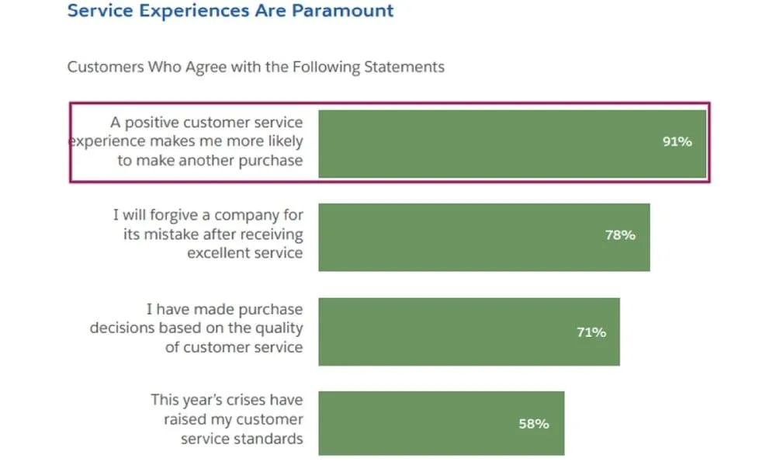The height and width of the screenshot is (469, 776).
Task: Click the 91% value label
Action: (677, 142)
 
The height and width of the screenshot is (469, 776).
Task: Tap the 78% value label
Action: (620, 235)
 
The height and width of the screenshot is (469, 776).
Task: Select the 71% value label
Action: (591, 332)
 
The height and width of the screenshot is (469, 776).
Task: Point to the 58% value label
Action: (534, 424)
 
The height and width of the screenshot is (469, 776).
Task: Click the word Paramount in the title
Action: (343, 11)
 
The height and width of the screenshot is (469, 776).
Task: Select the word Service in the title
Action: (95, 11)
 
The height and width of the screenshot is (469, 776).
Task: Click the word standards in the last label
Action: (264, 439)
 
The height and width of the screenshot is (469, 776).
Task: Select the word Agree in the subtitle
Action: (206, 67)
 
